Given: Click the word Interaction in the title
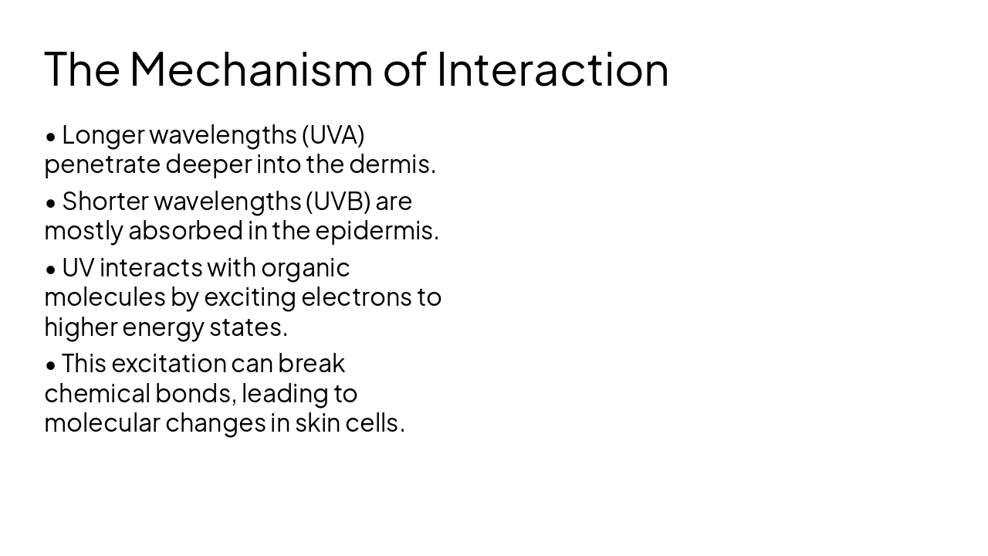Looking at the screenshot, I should (553, 69).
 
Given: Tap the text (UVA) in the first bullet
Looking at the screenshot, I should (333, 135).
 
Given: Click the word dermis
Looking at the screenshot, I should (392, 164).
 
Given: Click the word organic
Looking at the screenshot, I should (305, 268).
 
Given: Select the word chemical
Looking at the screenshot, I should (96, 394).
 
